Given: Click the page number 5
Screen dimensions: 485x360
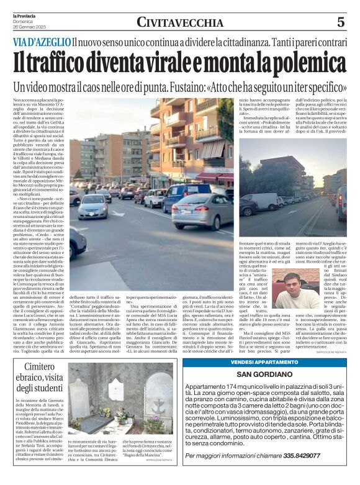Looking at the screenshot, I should [x=340, y=22].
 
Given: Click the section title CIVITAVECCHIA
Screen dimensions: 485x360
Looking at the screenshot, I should [x=180, y=23].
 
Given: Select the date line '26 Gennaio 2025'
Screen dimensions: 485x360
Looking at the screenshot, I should [x=29, y=27].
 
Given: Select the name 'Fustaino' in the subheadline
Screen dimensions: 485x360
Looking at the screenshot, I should [x=230, y=86].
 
